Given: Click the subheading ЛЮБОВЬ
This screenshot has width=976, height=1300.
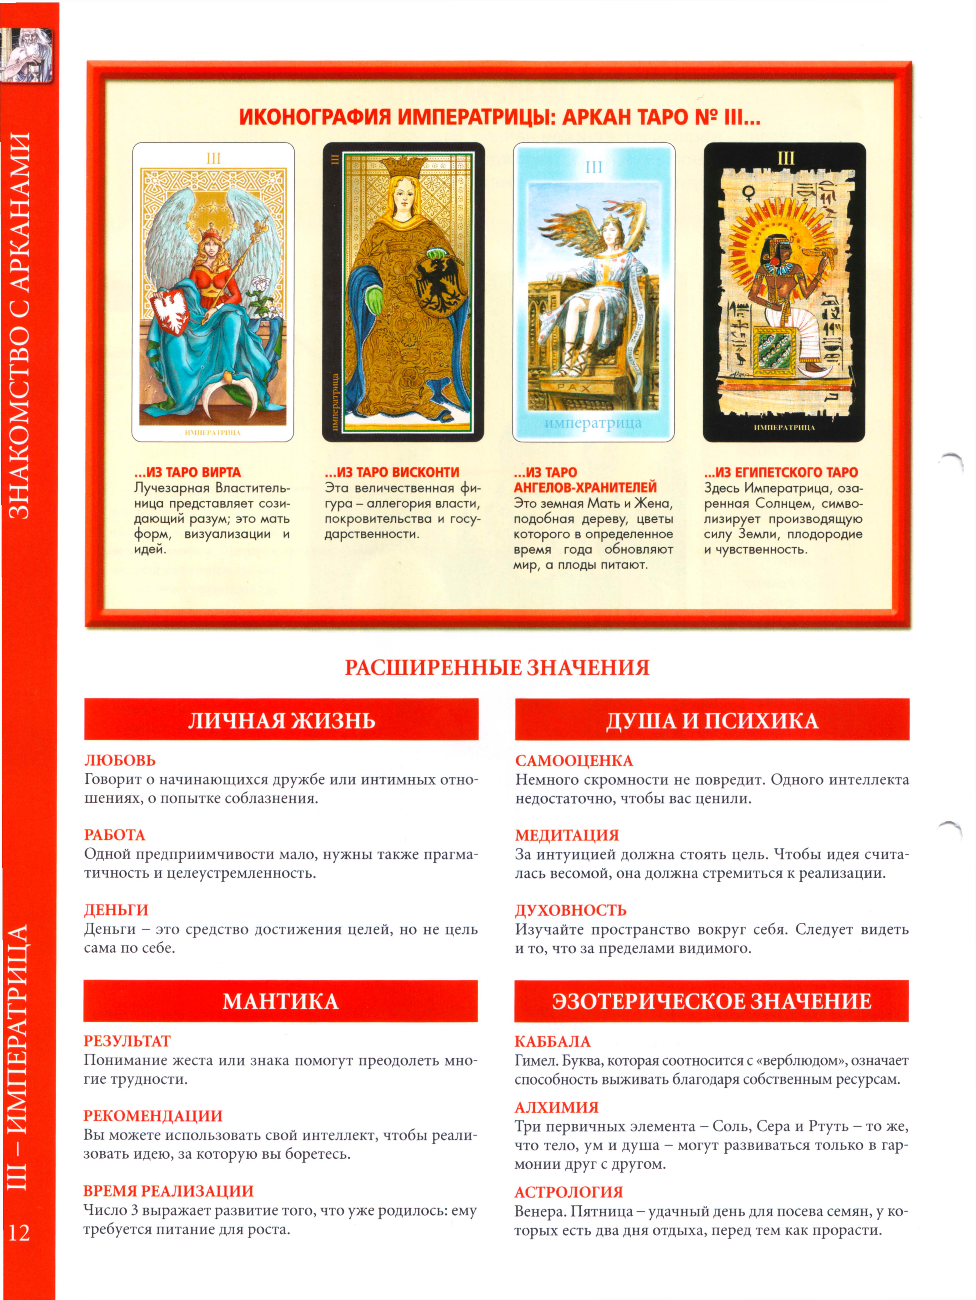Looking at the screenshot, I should click(120, 761).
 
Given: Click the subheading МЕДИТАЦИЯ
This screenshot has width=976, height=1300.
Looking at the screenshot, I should click(567, 835).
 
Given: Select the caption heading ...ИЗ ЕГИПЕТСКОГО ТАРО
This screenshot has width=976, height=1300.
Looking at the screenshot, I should click(781, 473).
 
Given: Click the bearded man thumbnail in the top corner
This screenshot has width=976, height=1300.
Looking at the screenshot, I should click(26, 56).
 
